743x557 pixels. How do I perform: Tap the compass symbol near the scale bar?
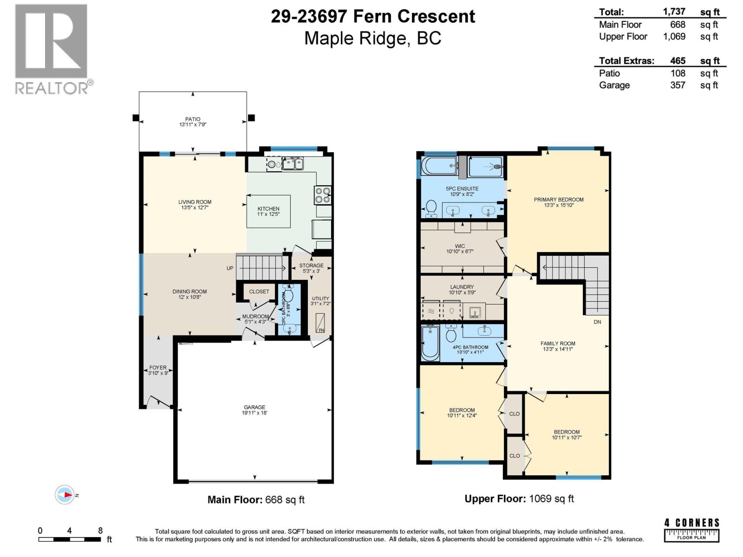pyautogui.click(x=65, y=495)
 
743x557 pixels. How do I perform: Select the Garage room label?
pyautogui.click(x=254, y=407)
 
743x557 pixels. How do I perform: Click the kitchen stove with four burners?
pyautogui.click(x=323, y=195)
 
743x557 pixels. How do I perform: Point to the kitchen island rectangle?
pyautogui.click(x=268, y=211)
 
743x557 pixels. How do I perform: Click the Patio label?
pyautogui.click(x=193, y=119)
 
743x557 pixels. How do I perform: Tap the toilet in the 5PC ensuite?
pyautogui.click(x=431, y=208)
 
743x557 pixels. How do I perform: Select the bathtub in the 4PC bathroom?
pyautogui.click(x=430, y=343)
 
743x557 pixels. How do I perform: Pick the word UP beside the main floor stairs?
pyautogui.click(x=230, y=268)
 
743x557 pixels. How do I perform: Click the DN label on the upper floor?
pyautogui.click(x=597, y=322)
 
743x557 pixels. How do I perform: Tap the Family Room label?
pyautogui.click(x=558, y=343)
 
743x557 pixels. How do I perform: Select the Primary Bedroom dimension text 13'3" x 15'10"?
pyautogui.click(x=559, y=205)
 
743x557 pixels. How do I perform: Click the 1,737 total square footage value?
pyautogui.click(x=674, y=12)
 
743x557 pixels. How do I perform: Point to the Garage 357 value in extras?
pyautogui.click(x=678, y=85)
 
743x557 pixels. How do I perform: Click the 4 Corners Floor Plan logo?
pyautogui.click(x=691, y=530)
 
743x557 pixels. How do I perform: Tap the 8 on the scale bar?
pyautogui.click(x=100, y=531)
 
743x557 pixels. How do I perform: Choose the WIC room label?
pyautogui.click(x=460, y=246)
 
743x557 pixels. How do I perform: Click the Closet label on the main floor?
pyautogui.click(x=259, y=291)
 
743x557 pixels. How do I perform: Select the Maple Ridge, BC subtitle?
pyautogui.click(x=372, y=38)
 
